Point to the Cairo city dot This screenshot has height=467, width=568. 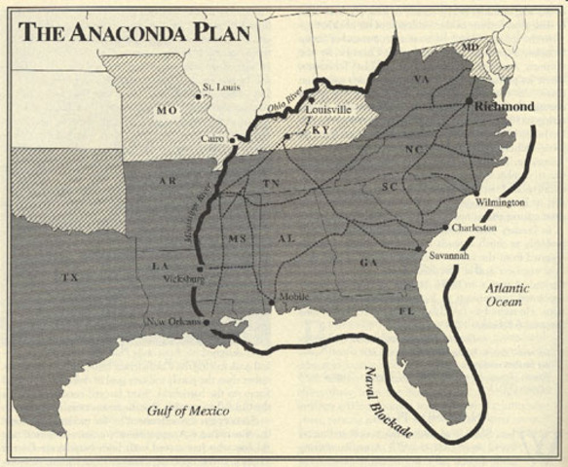pos(233,140)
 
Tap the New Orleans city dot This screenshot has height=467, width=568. pos(208,322)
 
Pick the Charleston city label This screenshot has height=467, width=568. pos(474,228)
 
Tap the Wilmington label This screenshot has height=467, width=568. pos(500,202)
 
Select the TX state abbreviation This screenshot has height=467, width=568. pos(69,277)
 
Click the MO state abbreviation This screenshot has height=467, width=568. pos(165,111)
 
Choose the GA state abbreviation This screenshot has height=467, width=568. pos(367,263)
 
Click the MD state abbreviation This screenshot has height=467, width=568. pos(471,47)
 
